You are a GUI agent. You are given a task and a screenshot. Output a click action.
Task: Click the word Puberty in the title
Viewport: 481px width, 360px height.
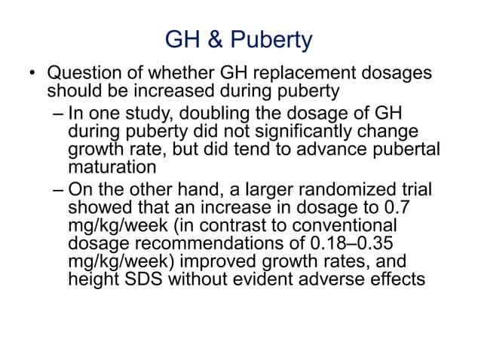coord(271,40)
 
